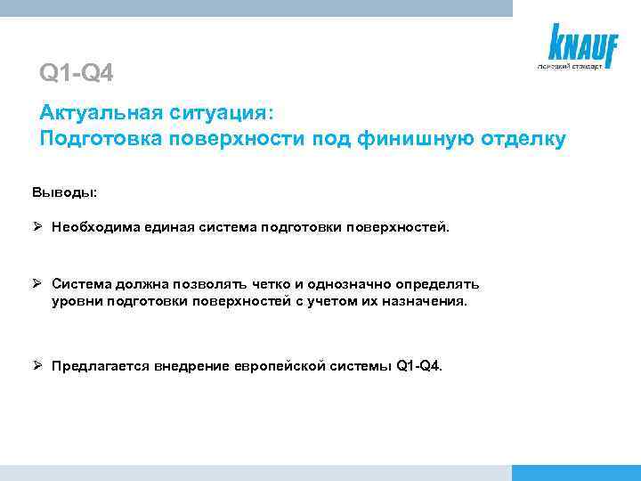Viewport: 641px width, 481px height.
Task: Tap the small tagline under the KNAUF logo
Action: (x=569, y=66)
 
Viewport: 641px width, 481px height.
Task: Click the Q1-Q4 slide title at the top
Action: (x=77, y=72)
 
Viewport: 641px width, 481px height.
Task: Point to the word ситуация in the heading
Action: (x=226, y=114)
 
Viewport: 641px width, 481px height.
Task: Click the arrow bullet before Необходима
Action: (x=38, y=226)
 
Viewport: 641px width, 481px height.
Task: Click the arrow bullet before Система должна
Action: (x=38, y=284)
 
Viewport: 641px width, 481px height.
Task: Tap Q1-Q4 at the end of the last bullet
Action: (x=418, y=366)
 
